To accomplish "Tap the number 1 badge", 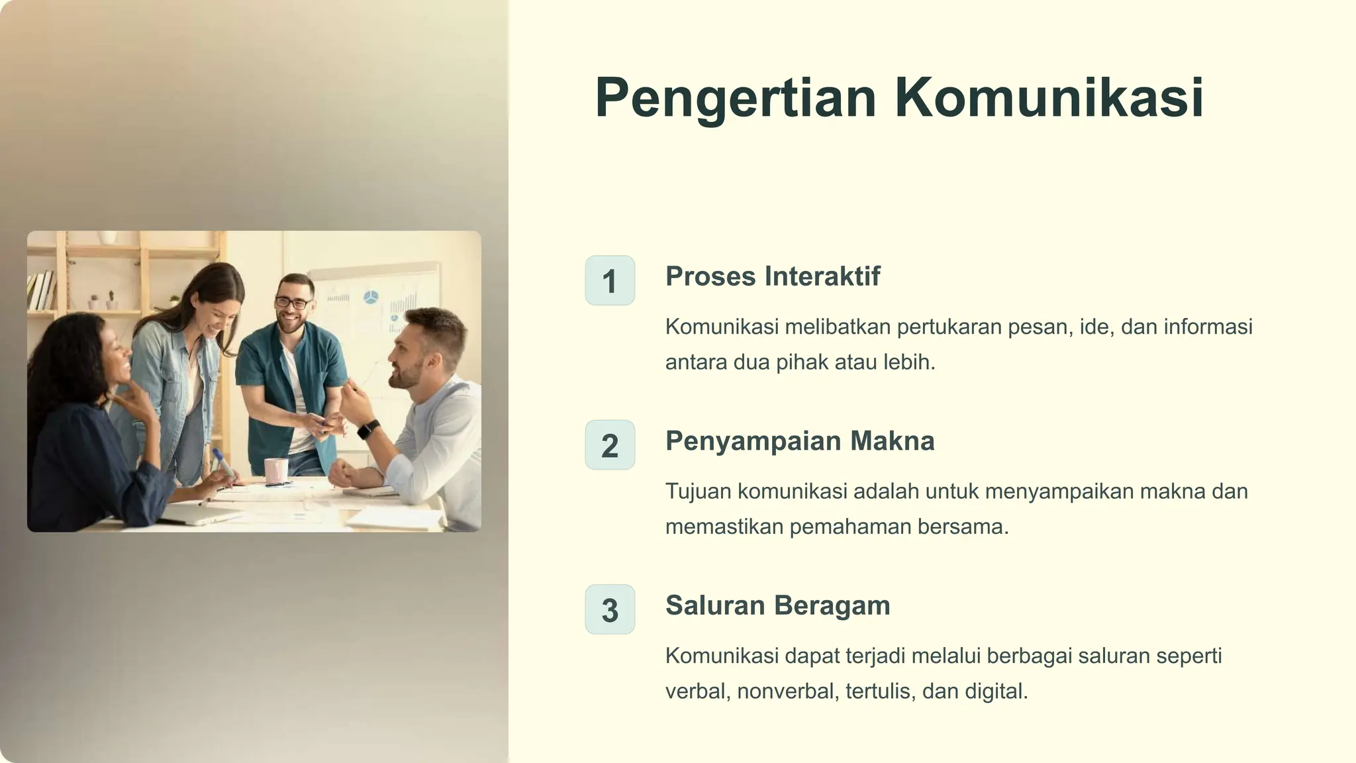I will tap(610, 281).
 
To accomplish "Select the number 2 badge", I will tap(610, 445).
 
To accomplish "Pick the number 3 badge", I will tap(610, 609).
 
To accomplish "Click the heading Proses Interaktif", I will tap(773, 276).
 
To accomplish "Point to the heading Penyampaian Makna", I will tap(800, 441).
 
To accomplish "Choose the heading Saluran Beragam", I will tap(777, 605).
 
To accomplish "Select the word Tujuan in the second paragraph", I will tap(698, 491).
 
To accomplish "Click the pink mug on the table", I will tap(276, 470).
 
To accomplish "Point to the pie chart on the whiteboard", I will tap(371, 297).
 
